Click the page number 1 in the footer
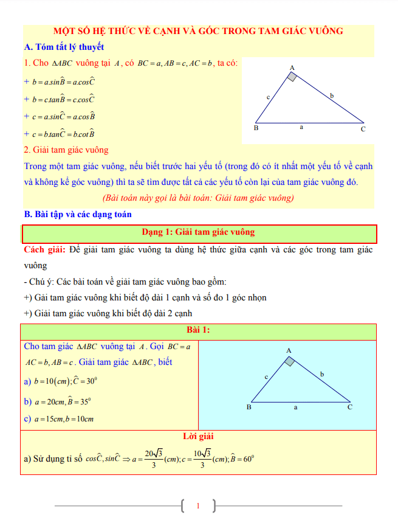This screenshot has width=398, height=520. click(198, 505)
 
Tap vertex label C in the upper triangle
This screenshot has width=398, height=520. click(363, 129)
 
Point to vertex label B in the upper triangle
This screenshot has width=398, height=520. click(256, 128)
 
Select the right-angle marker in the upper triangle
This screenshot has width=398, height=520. click(292, 77)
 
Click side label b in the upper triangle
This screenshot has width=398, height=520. click(332, 95)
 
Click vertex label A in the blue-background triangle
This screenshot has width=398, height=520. click(289, 351)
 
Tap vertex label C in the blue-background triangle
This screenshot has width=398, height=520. click(350, 407)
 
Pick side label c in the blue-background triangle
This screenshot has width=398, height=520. click(266, 377)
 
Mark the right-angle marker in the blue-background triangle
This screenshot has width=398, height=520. click(290, 361)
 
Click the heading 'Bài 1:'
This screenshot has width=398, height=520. click(198, 330)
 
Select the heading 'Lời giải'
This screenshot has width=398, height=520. click(198, 436)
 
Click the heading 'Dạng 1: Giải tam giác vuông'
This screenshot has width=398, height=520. click(198, 232)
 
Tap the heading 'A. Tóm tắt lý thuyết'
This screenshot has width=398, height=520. click(64, 47)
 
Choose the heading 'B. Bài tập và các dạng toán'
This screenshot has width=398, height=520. click(77, 214)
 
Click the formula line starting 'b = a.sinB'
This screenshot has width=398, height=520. click(60, 81)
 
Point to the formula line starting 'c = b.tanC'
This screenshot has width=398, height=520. click(60, 134)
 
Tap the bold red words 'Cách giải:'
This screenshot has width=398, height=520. click(45, 250)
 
